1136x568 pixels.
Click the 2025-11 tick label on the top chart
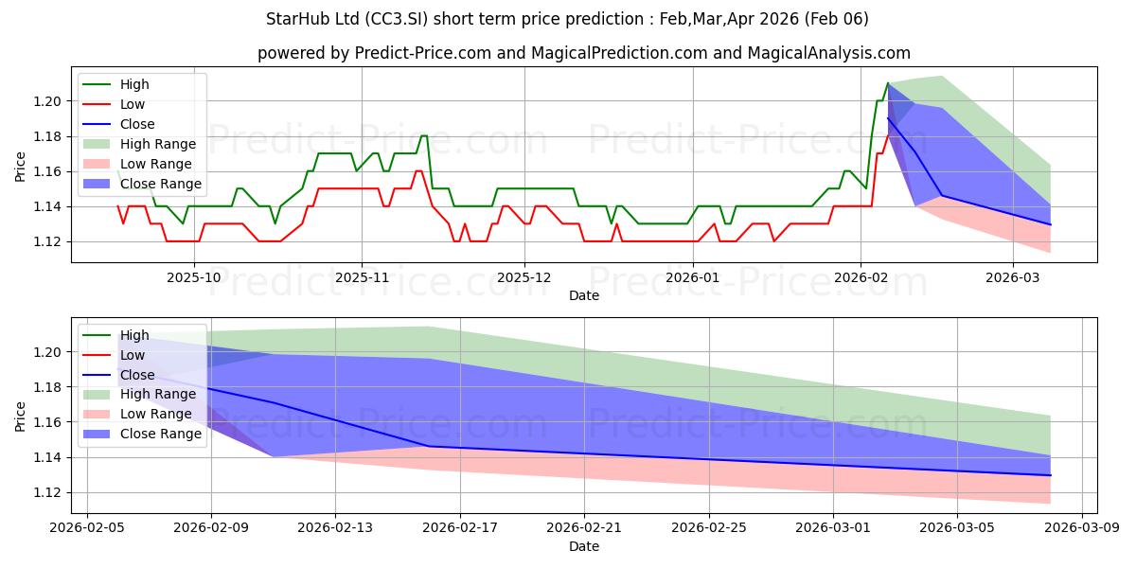pos(362,277)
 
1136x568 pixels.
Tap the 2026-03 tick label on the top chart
pos(1013,277)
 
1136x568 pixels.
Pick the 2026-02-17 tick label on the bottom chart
pos(460,528)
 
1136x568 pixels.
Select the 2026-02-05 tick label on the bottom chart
pos(87,528)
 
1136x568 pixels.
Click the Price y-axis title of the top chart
pos(20,167)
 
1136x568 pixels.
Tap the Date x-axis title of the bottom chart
pos(584,546)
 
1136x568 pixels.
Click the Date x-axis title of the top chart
pos(584,295)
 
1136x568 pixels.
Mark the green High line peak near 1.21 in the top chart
pos(888,83)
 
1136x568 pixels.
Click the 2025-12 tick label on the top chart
pos(524,277)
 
